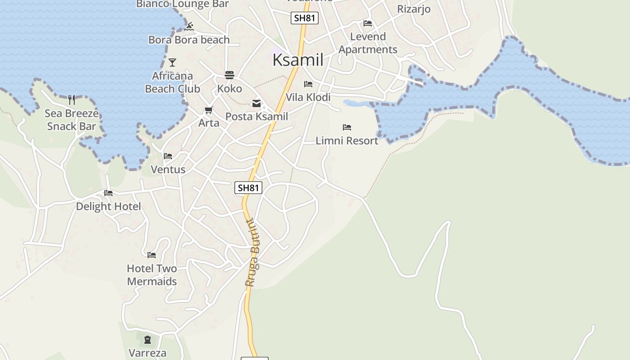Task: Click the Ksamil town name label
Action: (298, 60)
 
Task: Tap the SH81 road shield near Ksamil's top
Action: (305, 18)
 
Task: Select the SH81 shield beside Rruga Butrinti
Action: (248, 188)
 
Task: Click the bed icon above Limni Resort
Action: (346, 127)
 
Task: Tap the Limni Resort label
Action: (346, 141)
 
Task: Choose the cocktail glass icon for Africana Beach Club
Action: (172, 63)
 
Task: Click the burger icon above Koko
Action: (229, 75)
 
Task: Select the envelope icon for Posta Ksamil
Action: (256, 103)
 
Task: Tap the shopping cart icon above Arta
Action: (208, 110)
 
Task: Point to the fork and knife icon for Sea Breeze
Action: (72, 99)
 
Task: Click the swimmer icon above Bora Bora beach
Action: (189, 27)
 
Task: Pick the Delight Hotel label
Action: (108, 207)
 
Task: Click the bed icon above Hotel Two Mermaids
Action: (152, 255)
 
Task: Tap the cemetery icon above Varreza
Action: (148, 339)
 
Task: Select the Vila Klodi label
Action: (308, 97)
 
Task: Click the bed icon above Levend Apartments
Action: (368, 23)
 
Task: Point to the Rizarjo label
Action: (414, 9)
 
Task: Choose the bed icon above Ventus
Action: (168, 156)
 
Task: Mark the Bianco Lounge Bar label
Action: (182, 4)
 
